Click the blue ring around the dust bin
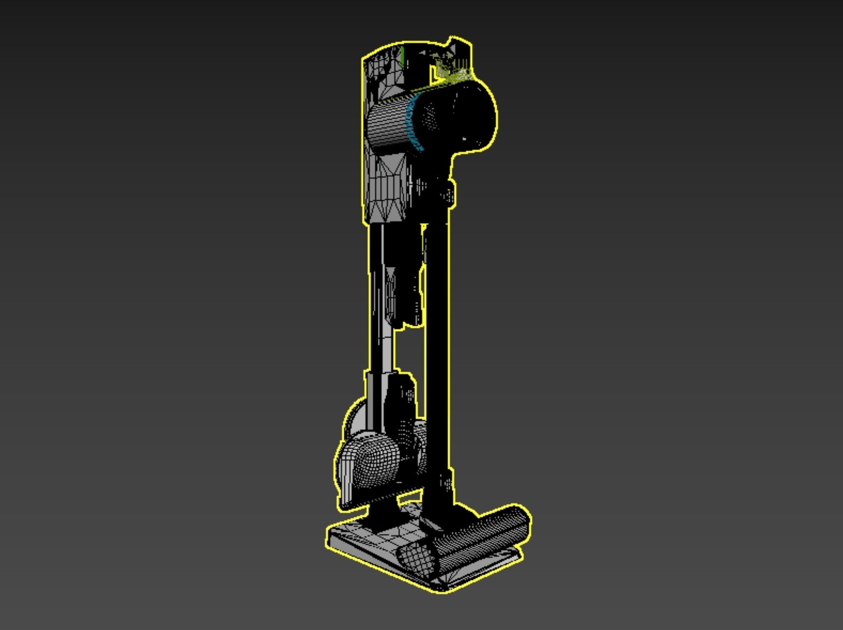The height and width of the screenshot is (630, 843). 411,124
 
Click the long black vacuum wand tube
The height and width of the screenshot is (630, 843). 437,342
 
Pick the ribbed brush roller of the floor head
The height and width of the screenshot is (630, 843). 483,532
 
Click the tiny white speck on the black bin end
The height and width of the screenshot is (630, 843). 465,138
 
